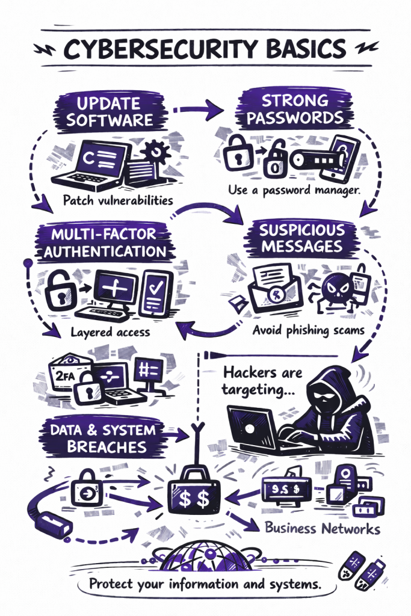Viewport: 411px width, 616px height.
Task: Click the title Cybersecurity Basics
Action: [205, 48]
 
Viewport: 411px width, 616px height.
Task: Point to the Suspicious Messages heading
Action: [302, 238]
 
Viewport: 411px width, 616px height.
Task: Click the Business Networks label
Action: [323, 529]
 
